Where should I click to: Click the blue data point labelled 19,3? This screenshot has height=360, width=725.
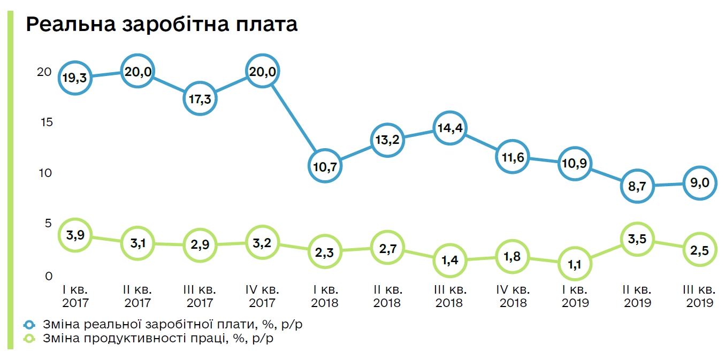(x=75, y=78)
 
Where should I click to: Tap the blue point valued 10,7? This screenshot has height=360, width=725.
(x=325, y=166)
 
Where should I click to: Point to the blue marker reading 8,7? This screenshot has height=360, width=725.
(x=637, y=186)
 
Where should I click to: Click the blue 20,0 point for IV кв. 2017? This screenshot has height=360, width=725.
(x=263, y=72)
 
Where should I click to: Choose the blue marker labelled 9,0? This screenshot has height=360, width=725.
(x=699, y=183)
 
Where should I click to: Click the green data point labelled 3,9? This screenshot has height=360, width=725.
(x=75, y=235)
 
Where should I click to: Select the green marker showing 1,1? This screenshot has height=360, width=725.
(x=575, y=263)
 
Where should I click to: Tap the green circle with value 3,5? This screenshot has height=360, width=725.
(x=637, y=239)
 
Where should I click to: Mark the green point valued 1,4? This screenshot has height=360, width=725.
(x=450, y=260)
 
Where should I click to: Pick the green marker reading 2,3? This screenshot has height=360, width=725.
(x=325, y=251)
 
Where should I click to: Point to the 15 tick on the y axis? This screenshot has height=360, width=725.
(x=47, y=122)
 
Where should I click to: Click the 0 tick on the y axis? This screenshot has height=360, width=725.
(x=49, y=276)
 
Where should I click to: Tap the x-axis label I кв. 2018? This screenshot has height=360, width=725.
(x=325, y=296)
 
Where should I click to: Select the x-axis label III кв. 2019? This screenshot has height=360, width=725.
(x=699, y=296)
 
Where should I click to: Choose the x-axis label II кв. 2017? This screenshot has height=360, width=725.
(x=138, y=296)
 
